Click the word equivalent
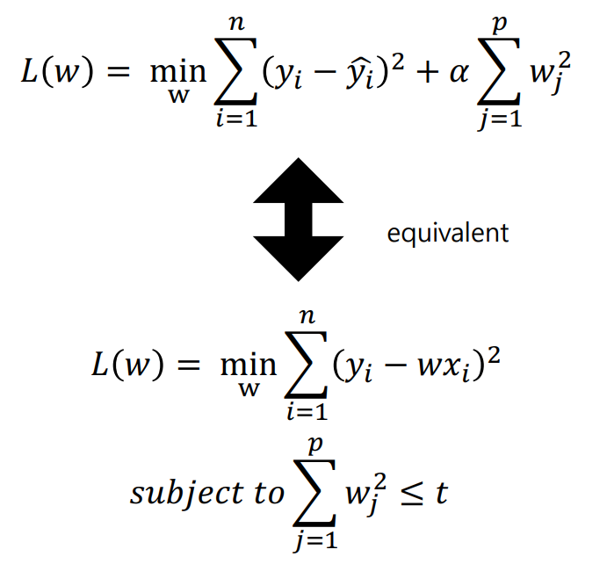click(447, 233)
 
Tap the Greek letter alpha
click(454, 73)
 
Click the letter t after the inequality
click(441, 492)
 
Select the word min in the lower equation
click(249, 363)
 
